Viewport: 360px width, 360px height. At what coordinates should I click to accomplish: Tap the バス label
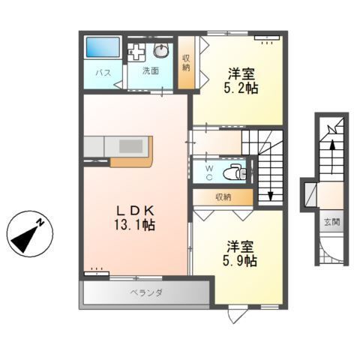click(x=103, y=73)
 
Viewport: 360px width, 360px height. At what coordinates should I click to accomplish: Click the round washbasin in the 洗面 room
click(x=161, y=51)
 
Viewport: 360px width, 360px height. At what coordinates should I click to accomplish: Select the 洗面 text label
click(x=150, y=71)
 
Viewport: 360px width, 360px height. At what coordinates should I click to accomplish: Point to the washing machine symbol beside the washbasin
click(x=136, y=52)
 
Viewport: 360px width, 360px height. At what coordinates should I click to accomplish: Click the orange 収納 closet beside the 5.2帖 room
click(x=186, y=63)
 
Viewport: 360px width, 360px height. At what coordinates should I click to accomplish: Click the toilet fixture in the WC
click(x=236, y=172)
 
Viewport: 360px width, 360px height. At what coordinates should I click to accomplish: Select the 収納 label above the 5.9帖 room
click(x=223, y=197)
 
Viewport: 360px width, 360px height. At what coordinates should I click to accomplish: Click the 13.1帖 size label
click(x=135, y=224)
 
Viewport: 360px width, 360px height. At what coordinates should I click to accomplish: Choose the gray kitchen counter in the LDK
click(x=116, y=145)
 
